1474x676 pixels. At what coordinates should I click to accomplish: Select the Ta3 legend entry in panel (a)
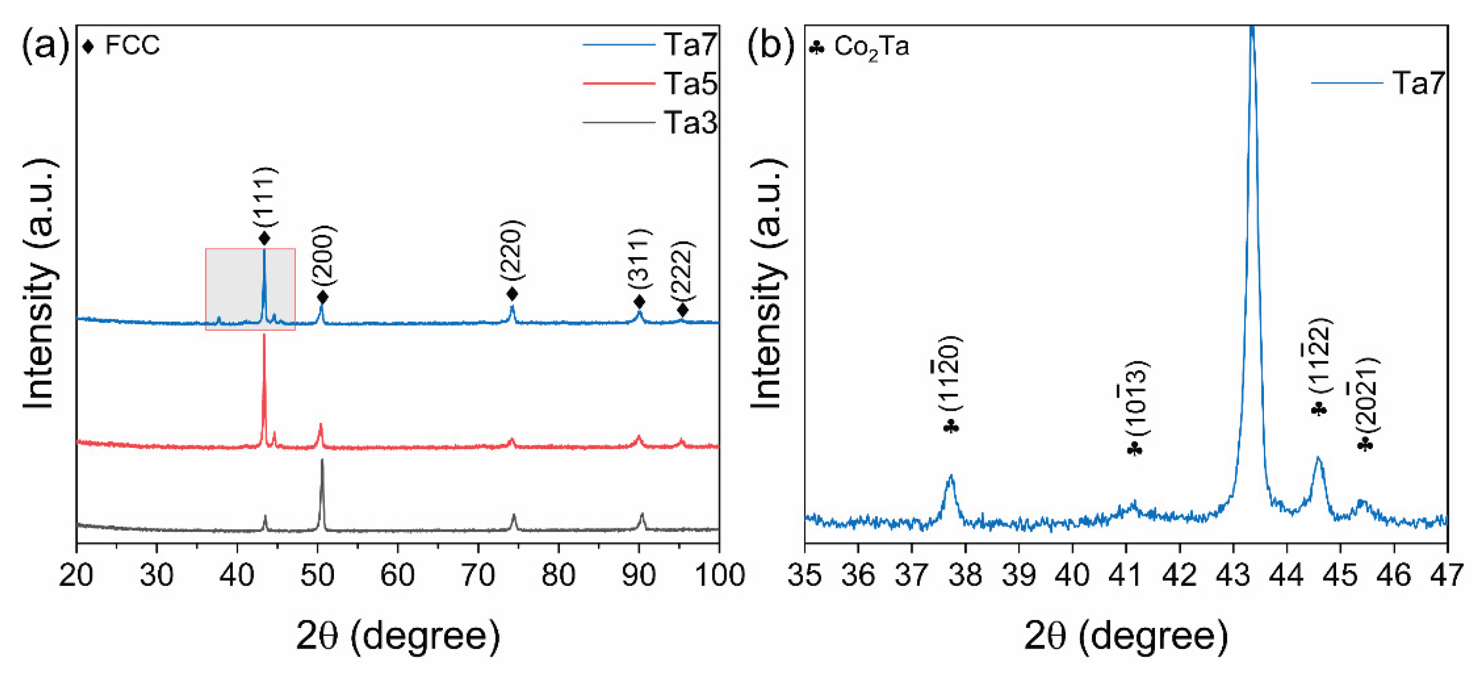pyautogui.click(x=690, y=122)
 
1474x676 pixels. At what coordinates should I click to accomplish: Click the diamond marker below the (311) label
pyautogui.click(x=640, y=301)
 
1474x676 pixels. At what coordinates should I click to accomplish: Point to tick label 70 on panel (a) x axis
pyautogui.click(x=478, y=575)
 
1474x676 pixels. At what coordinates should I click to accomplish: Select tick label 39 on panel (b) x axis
pyautogui.click(x=1019, y=575)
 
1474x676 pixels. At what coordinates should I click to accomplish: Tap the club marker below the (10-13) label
pyautogui.click(x=1134, y=450)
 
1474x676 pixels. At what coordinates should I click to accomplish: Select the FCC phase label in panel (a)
pyautogui.click(x=132, y=45)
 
